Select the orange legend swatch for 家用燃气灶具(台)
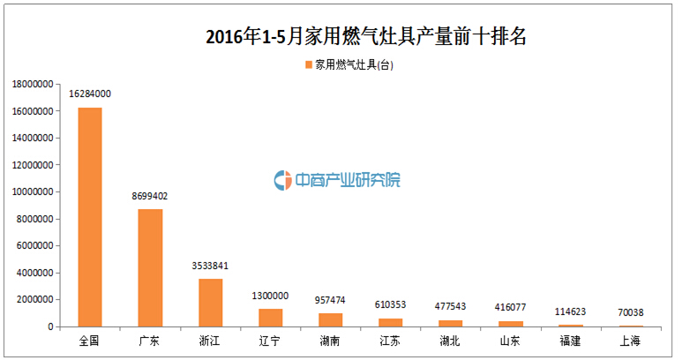click(x=308, y=65)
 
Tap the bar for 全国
click(x=90, y=217)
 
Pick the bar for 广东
click(x=150, y=267)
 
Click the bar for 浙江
click(x=210, y=303)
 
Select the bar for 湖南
click(x=330, y=319)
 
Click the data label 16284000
click(x=90, y=94)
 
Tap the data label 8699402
click(x=150, y=195)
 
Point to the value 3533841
click(x=210, y=265)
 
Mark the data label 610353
click(x=390, y=304)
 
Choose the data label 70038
click(x=630, y=311)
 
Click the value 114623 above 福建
click(x=570, y=311)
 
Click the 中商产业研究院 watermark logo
click(x=336, y=180)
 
